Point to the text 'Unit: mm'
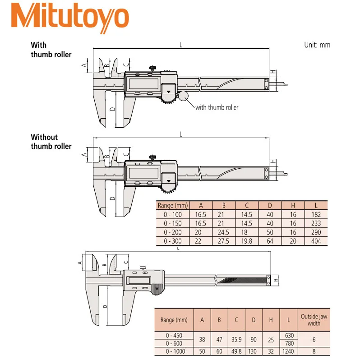[x=318, y=45]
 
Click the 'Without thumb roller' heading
[x=51, y=142]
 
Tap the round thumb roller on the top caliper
[x=184, y=96]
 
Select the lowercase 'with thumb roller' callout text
[x=217, y=107]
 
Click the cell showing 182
[x=316, y=215]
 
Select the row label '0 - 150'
[x=172, y=223]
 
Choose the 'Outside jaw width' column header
[x=314, y=320]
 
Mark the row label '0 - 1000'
[x=173, y=351]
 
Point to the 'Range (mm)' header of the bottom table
[x=174, y=320]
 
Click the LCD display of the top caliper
[x=143, y=83]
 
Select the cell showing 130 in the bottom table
[x=254, y=351]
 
